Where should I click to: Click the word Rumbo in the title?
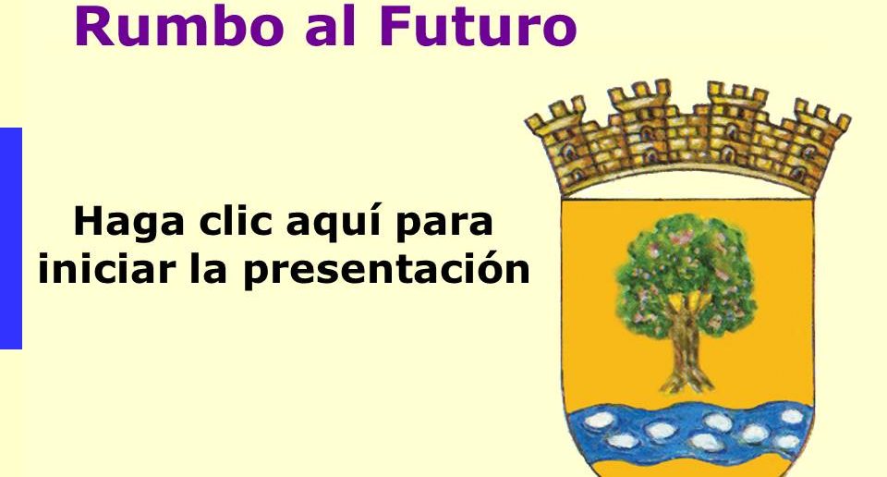[x=178, y=26]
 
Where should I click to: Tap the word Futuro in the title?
[x=479, y=26]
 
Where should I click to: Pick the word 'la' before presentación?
[x=208, y=268]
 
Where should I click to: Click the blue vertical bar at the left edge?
[x=11, y=238]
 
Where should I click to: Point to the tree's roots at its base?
[x=687, y=383]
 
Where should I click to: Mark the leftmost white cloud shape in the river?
[x=600, y=420]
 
